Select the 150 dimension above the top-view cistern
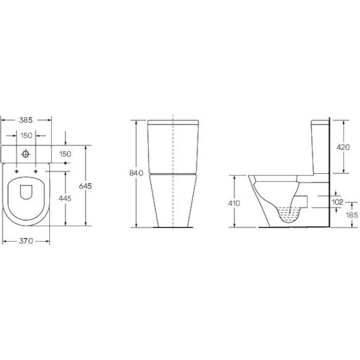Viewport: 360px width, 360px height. (26, 136)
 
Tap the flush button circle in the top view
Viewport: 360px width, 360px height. (26, 153)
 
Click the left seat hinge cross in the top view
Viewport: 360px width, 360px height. (17, 170)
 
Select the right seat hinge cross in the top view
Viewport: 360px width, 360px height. (35, 170)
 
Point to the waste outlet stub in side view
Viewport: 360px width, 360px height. (304, 200)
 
